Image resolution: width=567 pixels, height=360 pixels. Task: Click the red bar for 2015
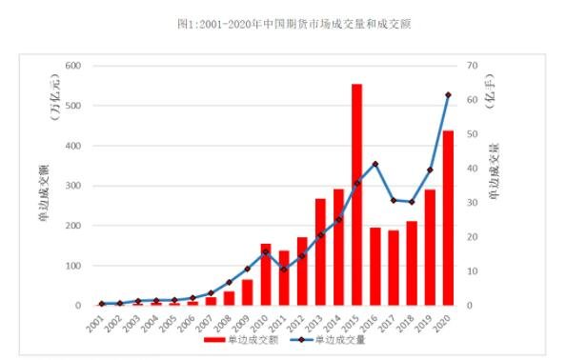pyautogui.click(x=356, y=195)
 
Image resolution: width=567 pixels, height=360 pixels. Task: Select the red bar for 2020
pyautogui.click(x=448, y=218)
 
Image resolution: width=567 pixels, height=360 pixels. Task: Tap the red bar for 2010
pyautogui.click(x=266, y=274)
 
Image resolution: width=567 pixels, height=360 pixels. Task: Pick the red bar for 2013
pyautogui.click(x=320, y=252)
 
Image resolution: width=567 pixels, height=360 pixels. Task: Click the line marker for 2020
pyautogui.click(x=448, y=94)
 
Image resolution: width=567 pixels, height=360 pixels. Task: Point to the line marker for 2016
pyautogui.click(x=375, y=164)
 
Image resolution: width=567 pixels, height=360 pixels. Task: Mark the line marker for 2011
pyautogui.click(x=284, y=270)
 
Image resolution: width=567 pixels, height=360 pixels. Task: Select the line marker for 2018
pyautogui.click(x=412, y=202)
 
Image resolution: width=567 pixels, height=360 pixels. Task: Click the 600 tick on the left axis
pyautogui.click(x=71, y=66)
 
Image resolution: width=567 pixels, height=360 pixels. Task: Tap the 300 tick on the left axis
pyautogui.click(x=71, y=186)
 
